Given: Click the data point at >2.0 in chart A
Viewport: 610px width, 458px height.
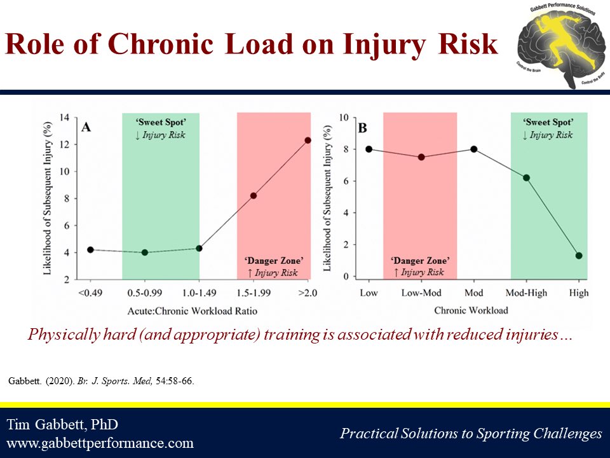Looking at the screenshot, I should point(308,140).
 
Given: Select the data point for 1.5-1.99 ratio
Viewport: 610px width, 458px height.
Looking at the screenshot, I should point(254,195).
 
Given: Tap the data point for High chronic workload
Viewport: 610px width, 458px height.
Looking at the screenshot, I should point(579,256).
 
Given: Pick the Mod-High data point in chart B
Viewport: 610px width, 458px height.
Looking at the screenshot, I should point(526,177).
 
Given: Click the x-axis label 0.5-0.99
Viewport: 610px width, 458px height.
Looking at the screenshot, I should point(145,293).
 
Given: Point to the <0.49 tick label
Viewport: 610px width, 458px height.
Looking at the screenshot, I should point(90,293).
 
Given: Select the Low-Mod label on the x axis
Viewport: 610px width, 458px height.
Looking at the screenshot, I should point(421,293).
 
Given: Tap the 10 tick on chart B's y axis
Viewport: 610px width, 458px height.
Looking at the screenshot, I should point(344,118).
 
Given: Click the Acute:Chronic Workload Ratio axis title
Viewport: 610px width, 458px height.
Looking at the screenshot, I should point(199,310).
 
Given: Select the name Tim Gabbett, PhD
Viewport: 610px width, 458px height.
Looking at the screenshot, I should point(62,424).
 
